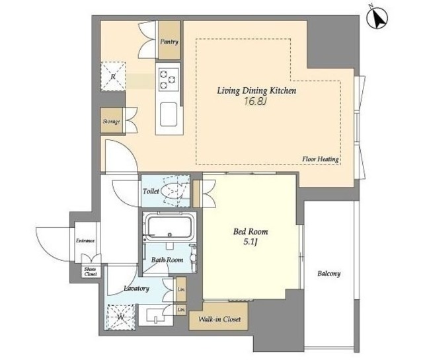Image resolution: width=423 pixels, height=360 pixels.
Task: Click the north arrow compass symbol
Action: pyautogui.click(x=377, y=18)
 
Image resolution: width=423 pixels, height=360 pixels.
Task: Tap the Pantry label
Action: pyautogui.click(x=169, y=42)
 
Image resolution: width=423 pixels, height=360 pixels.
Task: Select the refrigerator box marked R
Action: pyautogui.click(x=113, y=77)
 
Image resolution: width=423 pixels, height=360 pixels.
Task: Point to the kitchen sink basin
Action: pyautogui.click(x=169, y=114)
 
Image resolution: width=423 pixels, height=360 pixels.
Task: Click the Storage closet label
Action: pyautogui.click(x=112, y=122)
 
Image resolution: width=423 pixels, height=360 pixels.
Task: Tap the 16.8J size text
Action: pyautogui.click(x=255, y=101)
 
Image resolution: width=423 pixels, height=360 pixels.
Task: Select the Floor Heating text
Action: pyautogui.click(x=320, y=159)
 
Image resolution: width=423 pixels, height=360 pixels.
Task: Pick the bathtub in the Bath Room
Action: pyautogui.click(x=169, y=227)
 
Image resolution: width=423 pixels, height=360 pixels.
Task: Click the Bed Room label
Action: pyautogui.click(x=250, y=232)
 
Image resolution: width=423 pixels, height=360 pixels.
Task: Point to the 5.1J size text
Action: pyautogui.click(x=250, y=242)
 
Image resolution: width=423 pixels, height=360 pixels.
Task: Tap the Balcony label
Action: pyautogui.click(x=329, y=273)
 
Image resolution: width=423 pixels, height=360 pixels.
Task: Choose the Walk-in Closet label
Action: pyautogui.click(x=219, y=319)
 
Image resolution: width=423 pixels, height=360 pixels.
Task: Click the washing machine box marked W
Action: pyautogui.click(x=120, y=317)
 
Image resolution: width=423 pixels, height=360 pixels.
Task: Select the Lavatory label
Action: pyautogui.click(x=136, y=289)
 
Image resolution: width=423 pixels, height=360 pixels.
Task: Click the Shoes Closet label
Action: pyautogui.click(x=90, y=271)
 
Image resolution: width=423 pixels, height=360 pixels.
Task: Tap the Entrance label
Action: pyautogui.click(x=85, y=241)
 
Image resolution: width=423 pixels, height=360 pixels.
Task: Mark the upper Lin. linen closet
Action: pyautogui.click(x=181, y=289)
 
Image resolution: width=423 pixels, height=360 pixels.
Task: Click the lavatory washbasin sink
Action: pyautogui.click(x=156, y=315)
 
